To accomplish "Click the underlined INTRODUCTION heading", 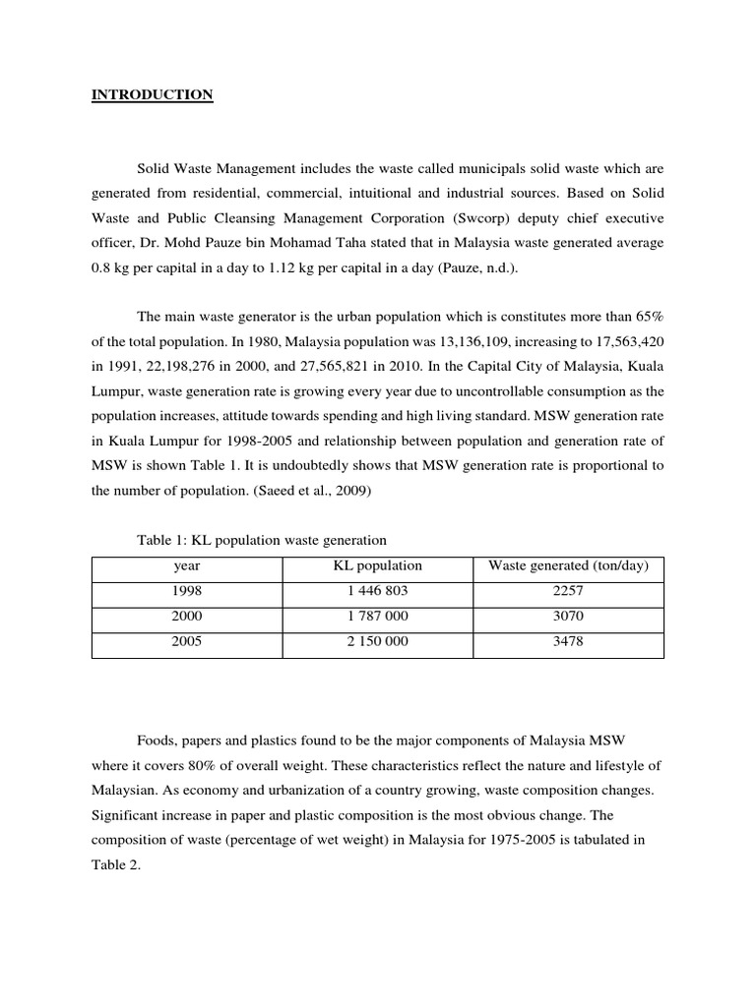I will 152,95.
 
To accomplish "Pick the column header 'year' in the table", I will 187,565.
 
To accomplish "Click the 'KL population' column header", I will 378,565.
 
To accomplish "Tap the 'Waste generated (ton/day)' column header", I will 568,565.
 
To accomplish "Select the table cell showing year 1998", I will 187,591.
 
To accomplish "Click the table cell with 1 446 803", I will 378,591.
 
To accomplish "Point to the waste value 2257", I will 568,591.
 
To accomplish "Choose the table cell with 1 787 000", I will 378,617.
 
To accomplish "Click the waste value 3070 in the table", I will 568,617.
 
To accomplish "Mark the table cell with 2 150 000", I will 378,642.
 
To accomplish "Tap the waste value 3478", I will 568,642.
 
